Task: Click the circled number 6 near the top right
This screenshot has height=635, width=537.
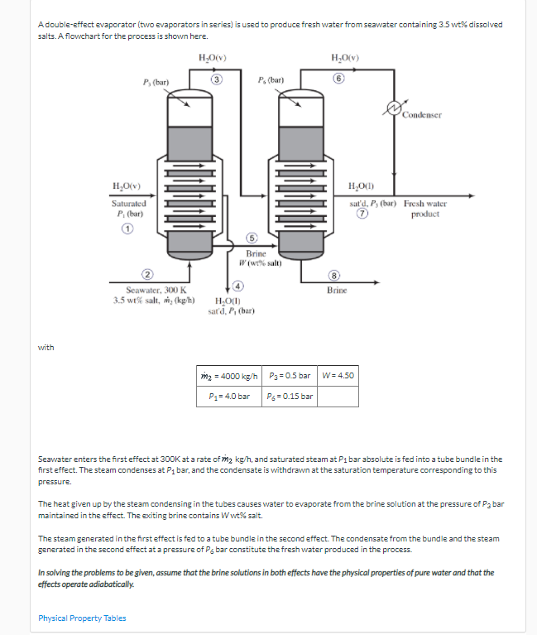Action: point(339,79)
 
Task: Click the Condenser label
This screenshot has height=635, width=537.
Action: point(422,115)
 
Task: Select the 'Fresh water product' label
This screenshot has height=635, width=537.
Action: point(426,209)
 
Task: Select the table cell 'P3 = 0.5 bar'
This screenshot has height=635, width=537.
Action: point(290,375)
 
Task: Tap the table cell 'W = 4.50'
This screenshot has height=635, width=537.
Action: point(338,375)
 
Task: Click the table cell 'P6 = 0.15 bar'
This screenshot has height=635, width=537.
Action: point(290,396)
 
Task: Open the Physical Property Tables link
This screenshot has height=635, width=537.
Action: point(83,618)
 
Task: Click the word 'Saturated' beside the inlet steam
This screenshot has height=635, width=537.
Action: point(129,203)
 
